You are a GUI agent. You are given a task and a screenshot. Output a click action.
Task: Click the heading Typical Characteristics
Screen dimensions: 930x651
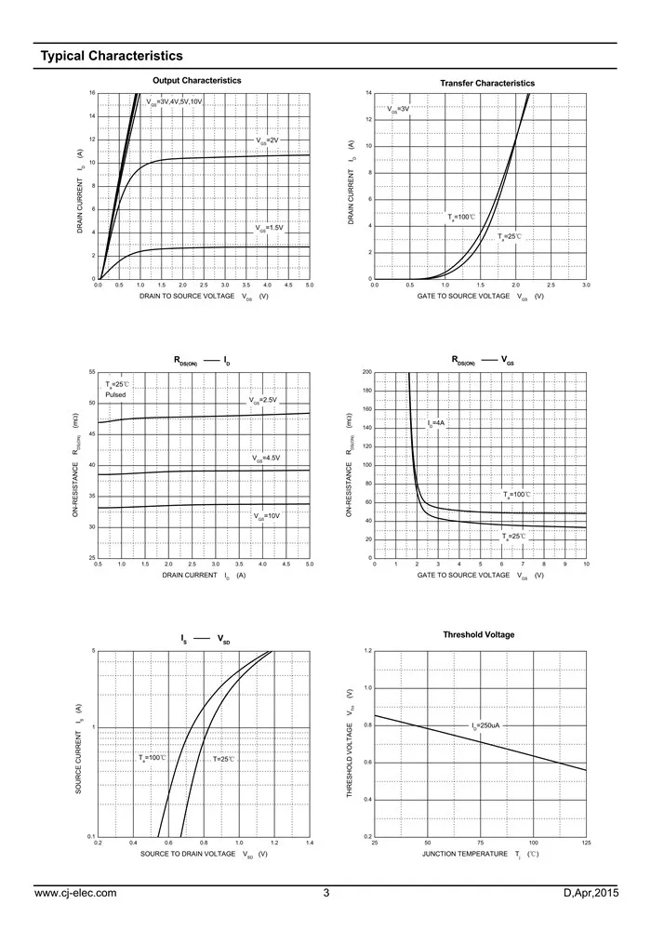coord(111,57)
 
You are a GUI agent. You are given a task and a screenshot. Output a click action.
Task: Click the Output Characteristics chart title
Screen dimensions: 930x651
coord(196,81)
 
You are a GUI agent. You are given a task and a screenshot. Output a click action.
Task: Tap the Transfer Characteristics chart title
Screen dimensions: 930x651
coord(487,84)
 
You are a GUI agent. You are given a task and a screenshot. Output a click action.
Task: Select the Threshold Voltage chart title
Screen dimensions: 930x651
coord(479,635)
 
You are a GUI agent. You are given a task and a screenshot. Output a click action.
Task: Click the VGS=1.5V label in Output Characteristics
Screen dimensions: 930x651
coord(269,228)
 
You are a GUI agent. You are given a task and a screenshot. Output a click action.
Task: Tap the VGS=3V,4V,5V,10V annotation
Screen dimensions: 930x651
coord(174,100)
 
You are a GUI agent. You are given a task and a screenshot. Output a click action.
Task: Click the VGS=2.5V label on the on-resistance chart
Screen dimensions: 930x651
coord(263,401)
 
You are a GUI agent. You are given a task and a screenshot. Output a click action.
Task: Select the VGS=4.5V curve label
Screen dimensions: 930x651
coord(266,458)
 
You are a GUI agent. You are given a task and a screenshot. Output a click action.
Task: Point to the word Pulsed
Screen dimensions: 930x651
coord(115,395)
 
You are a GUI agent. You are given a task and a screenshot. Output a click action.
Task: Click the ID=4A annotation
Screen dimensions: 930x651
coord(436,423)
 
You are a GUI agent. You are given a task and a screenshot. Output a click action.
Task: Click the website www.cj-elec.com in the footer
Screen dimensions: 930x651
coord(75,894)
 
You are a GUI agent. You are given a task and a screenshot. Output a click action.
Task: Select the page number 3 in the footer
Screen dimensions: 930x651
coord(326,894)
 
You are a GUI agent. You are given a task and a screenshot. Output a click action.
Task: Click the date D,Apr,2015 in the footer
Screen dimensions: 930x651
coord(591,894)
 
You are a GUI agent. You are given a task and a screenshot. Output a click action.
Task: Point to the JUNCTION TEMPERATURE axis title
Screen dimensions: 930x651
coord(465,854)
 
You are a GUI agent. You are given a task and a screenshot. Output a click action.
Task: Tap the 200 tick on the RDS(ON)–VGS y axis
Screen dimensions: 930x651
coord(366,372)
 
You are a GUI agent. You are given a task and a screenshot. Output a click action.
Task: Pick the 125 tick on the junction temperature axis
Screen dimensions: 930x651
coord(586,843)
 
